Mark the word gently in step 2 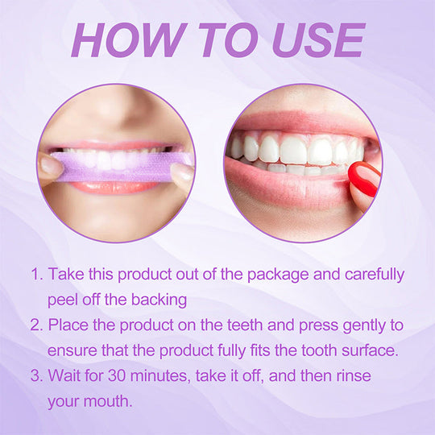pos(363,325)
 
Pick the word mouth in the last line pos(109,400)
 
